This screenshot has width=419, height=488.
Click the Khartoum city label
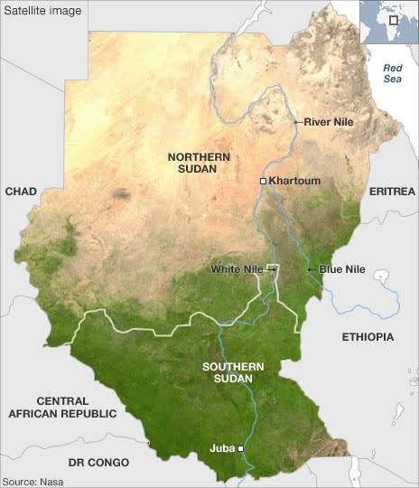294,181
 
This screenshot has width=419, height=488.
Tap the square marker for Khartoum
263,182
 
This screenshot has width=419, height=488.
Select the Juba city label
221,446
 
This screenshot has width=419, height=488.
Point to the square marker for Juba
241,447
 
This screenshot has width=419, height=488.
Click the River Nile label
329,121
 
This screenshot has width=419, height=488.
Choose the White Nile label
236,269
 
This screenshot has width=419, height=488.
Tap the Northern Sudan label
199,163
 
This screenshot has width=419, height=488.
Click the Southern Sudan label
233,371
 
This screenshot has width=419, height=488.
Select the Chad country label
21,192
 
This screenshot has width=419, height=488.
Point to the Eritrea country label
392,192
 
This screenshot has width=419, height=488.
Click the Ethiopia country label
368,337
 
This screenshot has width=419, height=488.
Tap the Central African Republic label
62,407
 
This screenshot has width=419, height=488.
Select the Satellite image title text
43,11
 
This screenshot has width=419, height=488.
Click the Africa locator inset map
388,22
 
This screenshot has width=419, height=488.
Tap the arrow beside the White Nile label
268,269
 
